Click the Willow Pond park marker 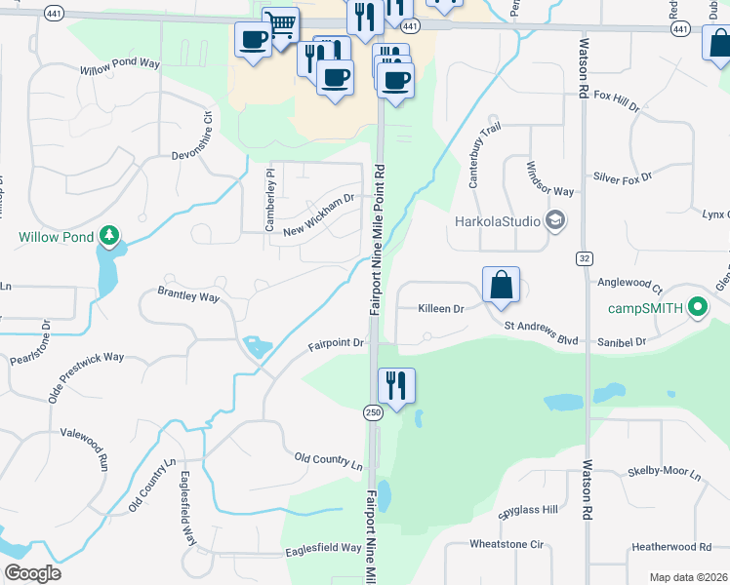pos(109,236)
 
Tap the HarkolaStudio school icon pos(556,220)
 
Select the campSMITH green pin pos(697,309)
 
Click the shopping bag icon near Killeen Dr pos(501,285)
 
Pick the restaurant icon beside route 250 pos(396,385)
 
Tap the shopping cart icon pos(280,24)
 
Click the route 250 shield pos(373,412)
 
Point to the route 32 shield pos(584,258)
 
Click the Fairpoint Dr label pos(336,344)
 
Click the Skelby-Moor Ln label pos(665,472)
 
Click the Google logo pos(32,572)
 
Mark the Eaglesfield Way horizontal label pos(323,549)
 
